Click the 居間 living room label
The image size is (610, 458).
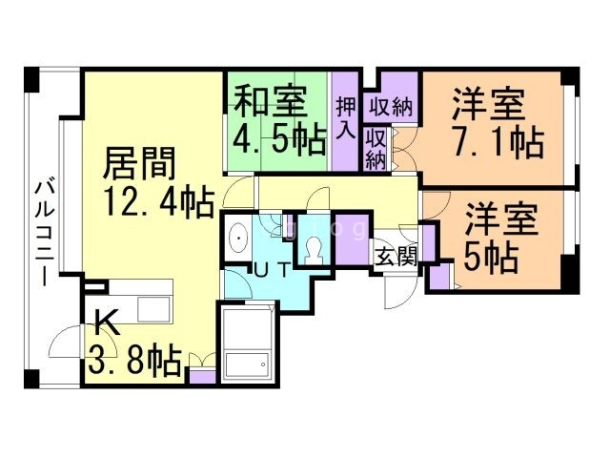139,164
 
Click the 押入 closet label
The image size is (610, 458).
344,115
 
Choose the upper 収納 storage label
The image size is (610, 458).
390,106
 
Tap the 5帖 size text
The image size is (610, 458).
491,256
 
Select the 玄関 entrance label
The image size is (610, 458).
394,256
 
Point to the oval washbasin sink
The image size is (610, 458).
237,239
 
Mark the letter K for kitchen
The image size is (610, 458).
107,323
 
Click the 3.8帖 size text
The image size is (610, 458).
134,361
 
